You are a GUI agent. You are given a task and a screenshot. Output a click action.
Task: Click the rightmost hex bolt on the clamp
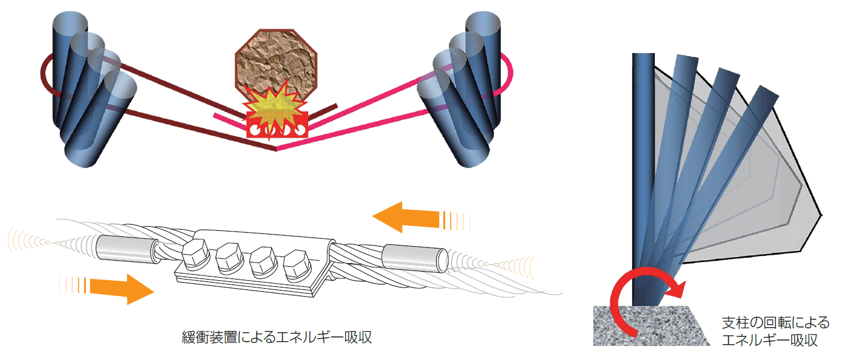point(298,265)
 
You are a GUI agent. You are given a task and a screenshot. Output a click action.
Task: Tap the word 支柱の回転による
point(775,323)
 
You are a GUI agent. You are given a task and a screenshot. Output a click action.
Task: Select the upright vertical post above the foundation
point(643,178)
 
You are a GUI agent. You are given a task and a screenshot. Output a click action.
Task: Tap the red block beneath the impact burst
point(277,125)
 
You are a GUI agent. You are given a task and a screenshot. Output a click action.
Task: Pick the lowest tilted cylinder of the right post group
point(453,122)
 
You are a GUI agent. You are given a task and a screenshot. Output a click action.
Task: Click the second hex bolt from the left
point(230,258)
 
